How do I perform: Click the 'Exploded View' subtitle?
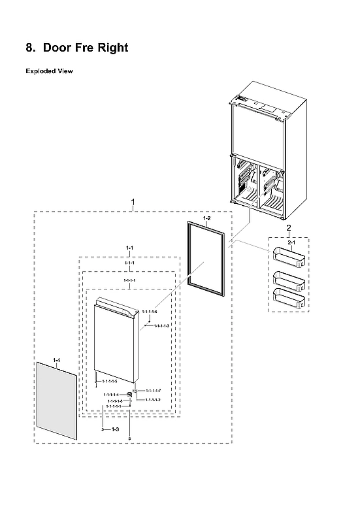point(49,71)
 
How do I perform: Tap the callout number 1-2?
point(206,217)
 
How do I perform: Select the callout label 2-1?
point(292,242)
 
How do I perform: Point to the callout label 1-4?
point(56,360)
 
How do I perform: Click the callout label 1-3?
point(114,429)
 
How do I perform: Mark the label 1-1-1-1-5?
point(109,380)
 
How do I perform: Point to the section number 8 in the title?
point(29,48)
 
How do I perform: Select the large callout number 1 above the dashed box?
point(133,202)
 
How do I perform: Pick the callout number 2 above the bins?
point(288,227)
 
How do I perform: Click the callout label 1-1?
point(129,248)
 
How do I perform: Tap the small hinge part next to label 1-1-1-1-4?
point(129,395)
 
